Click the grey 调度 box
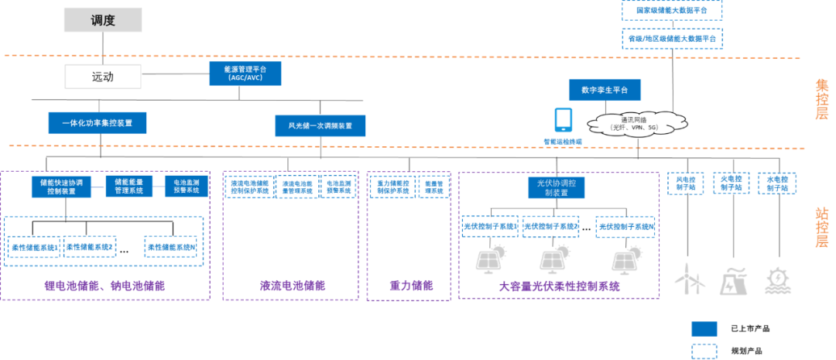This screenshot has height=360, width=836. click(x=104, y=21)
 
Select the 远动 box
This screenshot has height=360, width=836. click(x=103, y=77)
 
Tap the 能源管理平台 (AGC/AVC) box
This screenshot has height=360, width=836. click(x=245, y=74)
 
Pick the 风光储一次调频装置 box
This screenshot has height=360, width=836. click(x=320, y=125)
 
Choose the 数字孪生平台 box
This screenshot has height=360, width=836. click(x=605, y=90)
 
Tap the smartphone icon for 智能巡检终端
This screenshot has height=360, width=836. click(x=563, y=119)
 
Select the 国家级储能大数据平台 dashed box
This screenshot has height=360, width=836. click(x=671, y=10)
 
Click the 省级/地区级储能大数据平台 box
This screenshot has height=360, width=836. click(x=671, y=37)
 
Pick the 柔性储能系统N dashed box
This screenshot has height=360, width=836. click(x=173, y=247)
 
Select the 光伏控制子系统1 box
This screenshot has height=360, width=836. click(x=489, y=226)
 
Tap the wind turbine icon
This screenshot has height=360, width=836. click(x=691, y=279)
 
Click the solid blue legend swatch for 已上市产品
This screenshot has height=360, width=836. click(x=704, y=327)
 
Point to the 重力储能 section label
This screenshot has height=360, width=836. click(x=410, y=286)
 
